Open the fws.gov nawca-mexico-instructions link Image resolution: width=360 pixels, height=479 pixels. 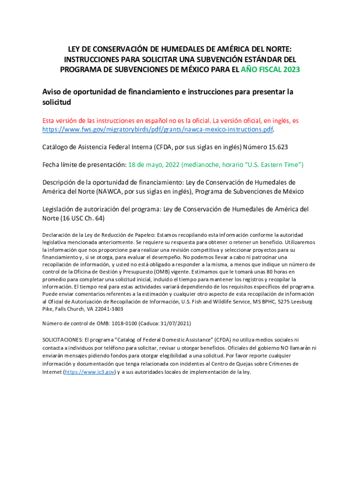[x=158, y=129]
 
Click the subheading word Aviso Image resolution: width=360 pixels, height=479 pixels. [x=53, y=92]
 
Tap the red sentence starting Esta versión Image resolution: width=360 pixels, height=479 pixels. [x=170, y=121]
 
